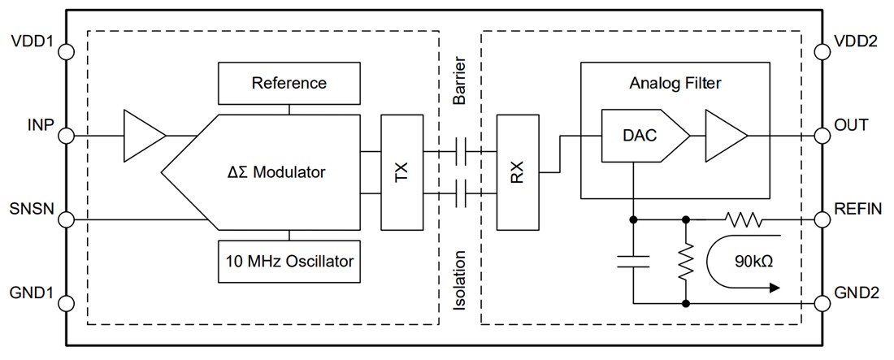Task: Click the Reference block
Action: point(289,83)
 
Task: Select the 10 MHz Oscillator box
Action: point(289,262)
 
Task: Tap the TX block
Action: point(402,172)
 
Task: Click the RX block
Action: point(518,172)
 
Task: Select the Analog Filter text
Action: point(675,83)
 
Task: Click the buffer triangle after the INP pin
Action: point(142,134)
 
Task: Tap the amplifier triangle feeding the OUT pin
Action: point(723,134)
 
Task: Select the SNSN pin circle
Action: point(67,219)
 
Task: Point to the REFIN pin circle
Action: point(822,219)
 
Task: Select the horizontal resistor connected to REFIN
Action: point(741,219)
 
